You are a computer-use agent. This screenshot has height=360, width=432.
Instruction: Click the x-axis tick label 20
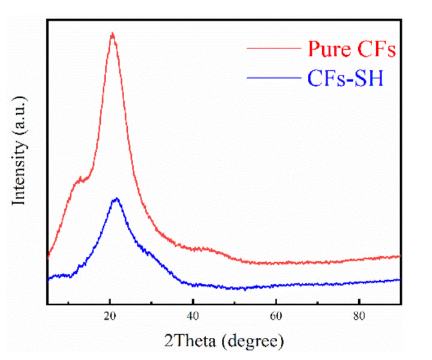(110, 316)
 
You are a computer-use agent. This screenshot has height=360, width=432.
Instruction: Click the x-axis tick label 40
(193, 316)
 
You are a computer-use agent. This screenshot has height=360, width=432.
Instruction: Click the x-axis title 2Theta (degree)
(223, 341)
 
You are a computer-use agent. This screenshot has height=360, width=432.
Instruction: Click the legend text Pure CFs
(352, 49)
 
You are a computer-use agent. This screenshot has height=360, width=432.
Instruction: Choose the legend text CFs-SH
(345, 79)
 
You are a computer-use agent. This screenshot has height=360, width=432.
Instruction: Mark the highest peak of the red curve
(112, 34)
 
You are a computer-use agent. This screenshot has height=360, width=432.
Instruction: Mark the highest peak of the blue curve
(116, 199)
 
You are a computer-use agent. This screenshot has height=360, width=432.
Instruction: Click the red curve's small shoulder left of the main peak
(80, 179)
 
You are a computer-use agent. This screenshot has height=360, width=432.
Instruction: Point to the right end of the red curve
(400, 256)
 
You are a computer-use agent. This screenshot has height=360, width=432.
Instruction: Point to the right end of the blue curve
(400, 280)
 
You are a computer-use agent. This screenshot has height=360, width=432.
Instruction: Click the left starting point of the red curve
(47, 258)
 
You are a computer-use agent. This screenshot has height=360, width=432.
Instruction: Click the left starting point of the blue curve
(47, 279)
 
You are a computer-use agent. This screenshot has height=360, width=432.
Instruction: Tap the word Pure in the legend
(328, 49)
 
